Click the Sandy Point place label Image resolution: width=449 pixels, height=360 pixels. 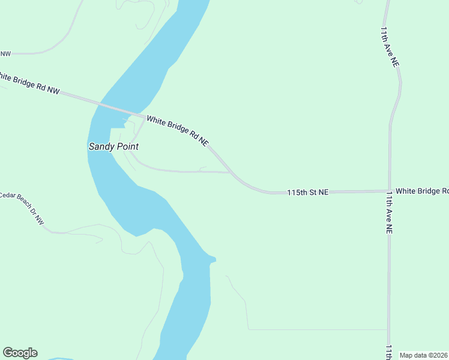(x=113, y=146)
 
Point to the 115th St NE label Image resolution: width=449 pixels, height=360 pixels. (x=307, y=193)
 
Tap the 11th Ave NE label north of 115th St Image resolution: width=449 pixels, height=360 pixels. (x=390, y=46)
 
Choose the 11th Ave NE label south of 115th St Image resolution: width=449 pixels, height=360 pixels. (x=389, y=212)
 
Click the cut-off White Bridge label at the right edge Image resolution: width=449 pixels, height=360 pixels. (x=421, y=191)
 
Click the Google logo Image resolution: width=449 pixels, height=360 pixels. (x=20, y=353)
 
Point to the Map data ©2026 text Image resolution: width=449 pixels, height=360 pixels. (x=423, y=355)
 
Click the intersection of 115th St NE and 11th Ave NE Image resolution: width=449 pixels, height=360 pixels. (x=389, y=191)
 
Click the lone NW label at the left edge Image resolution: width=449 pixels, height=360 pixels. (x=5, y=54)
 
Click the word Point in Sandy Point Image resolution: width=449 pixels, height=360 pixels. (x=127, y=146)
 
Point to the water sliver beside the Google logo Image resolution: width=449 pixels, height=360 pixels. (x=60, y=358)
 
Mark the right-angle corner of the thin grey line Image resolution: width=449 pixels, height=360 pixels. (x=248, y=329)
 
